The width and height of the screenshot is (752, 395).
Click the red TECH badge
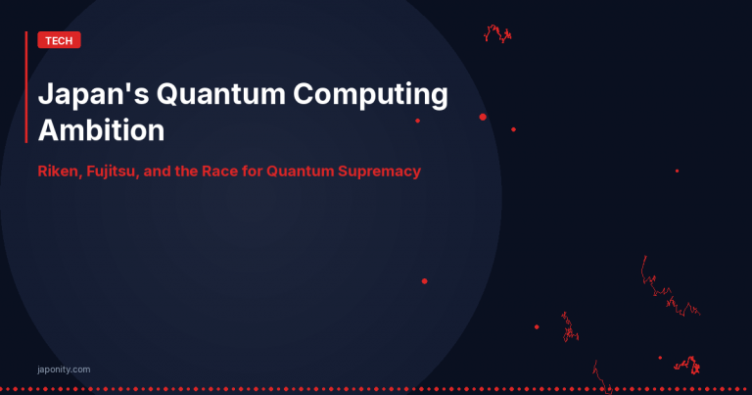point(59,40)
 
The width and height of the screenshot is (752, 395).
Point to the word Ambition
point(100,130)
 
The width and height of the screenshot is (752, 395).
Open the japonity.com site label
point(62,370)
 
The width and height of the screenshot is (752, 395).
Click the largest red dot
point(483,117)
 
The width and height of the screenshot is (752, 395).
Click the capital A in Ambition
point(48,130)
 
